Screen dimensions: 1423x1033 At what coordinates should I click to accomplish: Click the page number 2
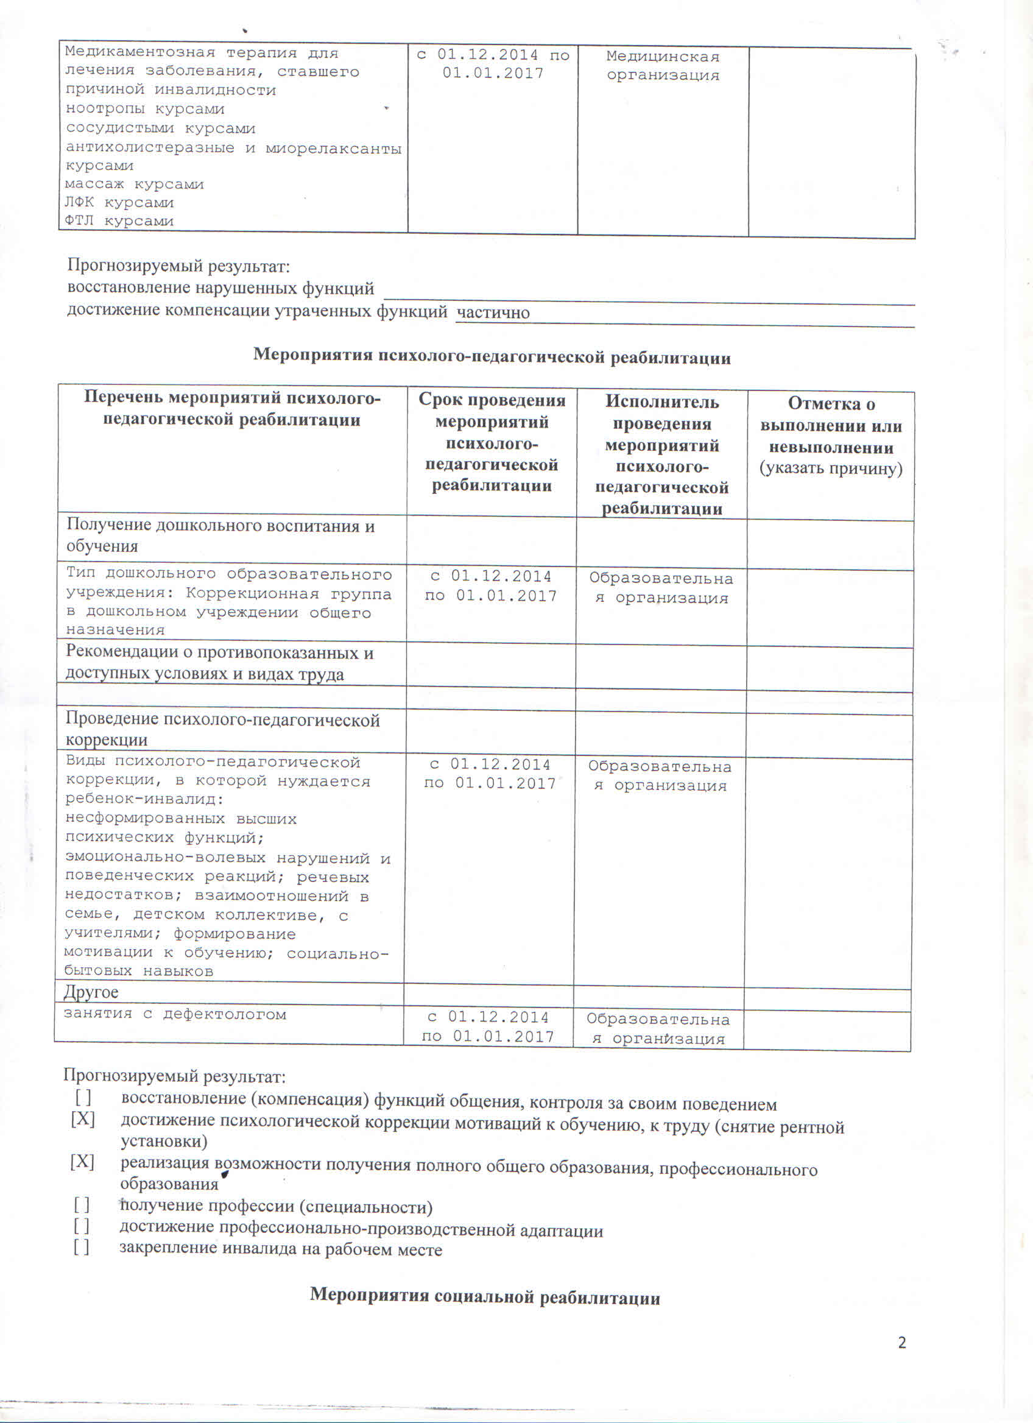pyautogui.click(x=901, y=1343)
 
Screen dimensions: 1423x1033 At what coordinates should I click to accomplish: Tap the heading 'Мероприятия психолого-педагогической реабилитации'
pyautogui.click(x=492, y=357)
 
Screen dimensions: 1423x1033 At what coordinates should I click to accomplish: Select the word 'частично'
pyautogui.click(x=493, y=312)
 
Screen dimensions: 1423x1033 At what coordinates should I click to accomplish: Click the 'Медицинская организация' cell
pyautogui.click(x=662, y=66)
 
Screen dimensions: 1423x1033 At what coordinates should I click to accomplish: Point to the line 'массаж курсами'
pyautogui.click(x=134, y=185)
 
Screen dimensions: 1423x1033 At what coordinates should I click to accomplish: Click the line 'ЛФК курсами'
pyautogui.click(x=119, y=203)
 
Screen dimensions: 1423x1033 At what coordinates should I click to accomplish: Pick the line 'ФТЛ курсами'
pyautogui.click(x=119, y=221)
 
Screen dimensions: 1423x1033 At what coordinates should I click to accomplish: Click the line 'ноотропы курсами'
pyautogui.click(x=145, y=109)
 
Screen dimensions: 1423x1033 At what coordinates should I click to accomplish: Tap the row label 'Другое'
pyautogui.click(x=91, y=992)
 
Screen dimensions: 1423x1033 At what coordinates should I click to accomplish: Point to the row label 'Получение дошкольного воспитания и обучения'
pyautogui.click(x=220, y=535)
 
